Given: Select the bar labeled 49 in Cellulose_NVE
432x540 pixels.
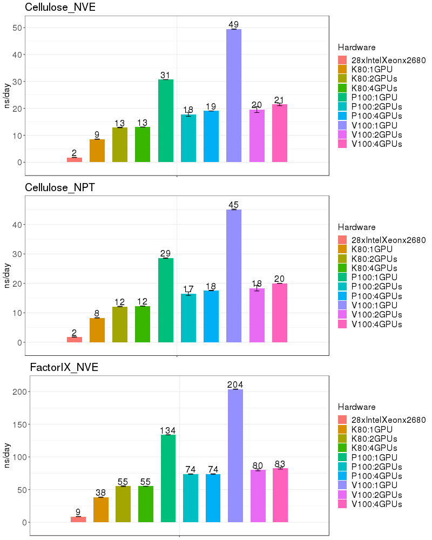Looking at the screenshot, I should pos(234,95).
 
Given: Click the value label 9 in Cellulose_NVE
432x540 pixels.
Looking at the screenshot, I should pos(97,134).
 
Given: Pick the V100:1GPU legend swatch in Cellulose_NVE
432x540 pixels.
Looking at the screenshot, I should pos(343,125).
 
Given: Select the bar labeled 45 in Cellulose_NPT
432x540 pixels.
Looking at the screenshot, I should pos(234,275).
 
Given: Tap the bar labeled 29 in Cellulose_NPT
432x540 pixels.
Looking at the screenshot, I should pos(166,300).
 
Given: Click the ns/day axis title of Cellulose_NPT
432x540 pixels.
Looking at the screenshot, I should pos(7,275).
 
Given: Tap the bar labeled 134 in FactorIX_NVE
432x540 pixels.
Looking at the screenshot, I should pos(168,478).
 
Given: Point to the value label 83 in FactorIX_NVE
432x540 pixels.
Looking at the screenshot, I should pos(280,463).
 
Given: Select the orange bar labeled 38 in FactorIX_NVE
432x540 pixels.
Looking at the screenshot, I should pos(101,509).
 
